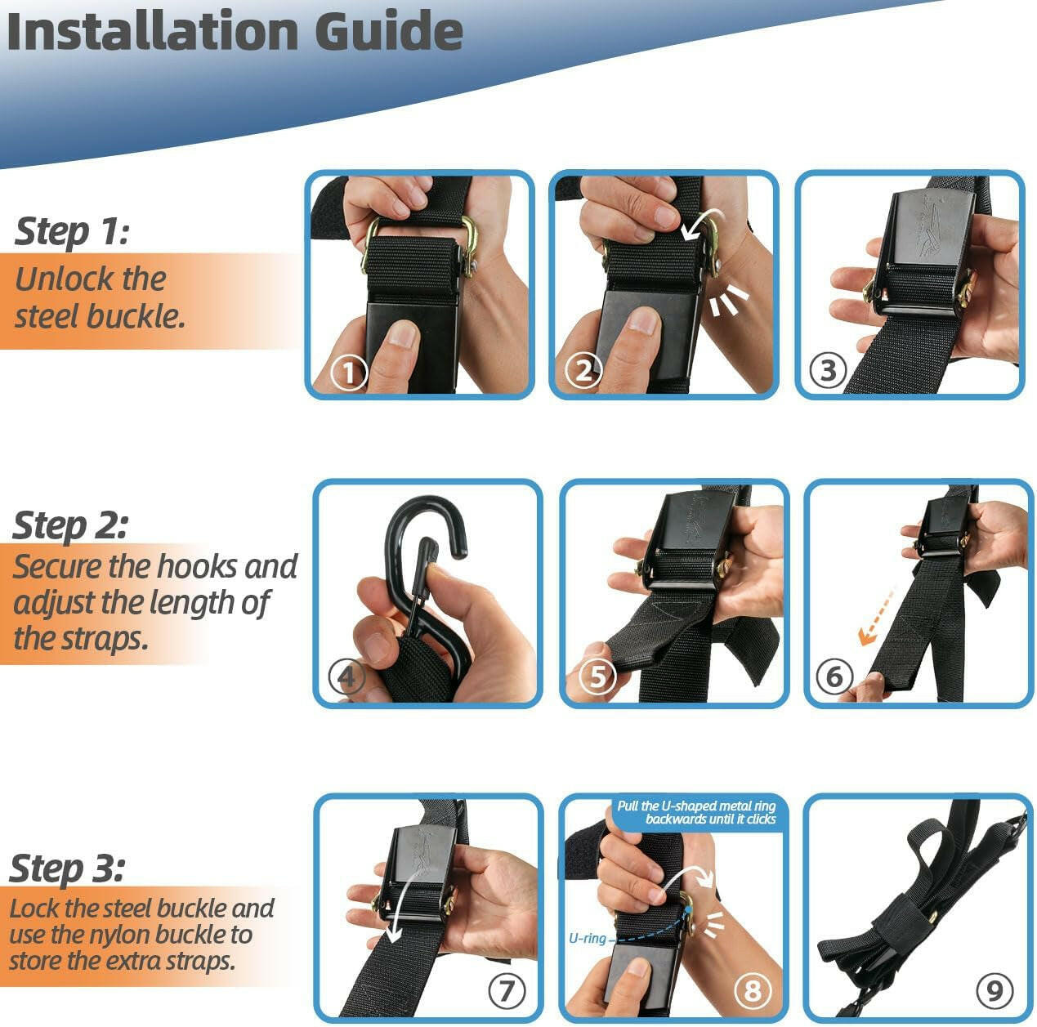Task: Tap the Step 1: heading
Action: (x=72, y=231)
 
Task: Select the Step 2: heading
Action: (x=70, y=525)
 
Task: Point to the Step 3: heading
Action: (x=67, y=868)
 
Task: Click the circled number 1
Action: (x=349, y=373)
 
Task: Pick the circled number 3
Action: (x=828, y=370)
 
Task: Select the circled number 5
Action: (x=597, y=676)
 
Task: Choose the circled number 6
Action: (x=834, y=676)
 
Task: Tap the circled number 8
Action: (x=753, y=990)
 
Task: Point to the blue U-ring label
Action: (x=587, y=938)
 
